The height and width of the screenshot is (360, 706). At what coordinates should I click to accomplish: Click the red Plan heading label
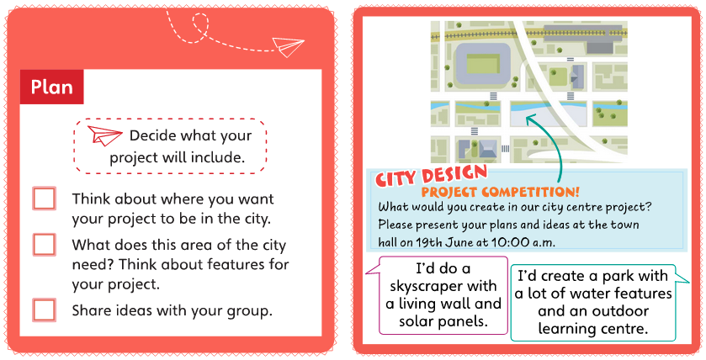click(x=52, y=87)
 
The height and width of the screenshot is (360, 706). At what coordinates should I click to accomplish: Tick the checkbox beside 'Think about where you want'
click(x=44, y=199)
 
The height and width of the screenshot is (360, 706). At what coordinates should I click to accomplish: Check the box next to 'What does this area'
click(x=44, y=245)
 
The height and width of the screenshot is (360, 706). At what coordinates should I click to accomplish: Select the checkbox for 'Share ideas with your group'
click(x=44, y=310)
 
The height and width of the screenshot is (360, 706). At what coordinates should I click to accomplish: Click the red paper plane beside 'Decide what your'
click(x=104, y=135)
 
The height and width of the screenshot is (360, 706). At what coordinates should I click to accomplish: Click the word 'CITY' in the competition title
click(x=396, y=177)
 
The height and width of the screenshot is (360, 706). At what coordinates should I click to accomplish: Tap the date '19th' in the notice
click(x=429, y=242)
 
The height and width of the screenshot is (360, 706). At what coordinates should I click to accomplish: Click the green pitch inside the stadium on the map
click(x=483, y=63)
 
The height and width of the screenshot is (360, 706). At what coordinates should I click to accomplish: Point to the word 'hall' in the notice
click(x=388, y=242)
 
